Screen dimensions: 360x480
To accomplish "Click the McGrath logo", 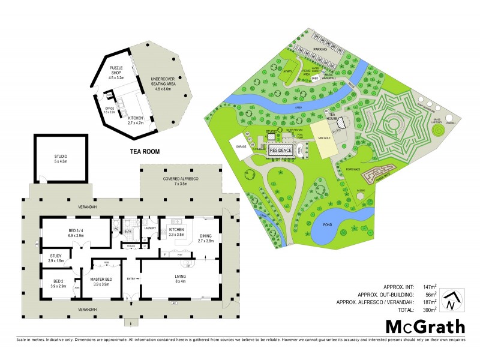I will [425, 326].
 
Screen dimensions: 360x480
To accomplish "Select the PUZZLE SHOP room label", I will [116, 75].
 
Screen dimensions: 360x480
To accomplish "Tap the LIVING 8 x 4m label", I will [178, 278].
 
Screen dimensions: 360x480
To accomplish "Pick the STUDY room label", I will [56, 259].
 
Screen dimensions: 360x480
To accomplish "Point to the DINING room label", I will [206, 238].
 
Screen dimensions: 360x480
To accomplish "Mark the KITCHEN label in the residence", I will [176, 232].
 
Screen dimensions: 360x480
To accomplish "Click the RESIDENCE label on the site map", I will [280, 150].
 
